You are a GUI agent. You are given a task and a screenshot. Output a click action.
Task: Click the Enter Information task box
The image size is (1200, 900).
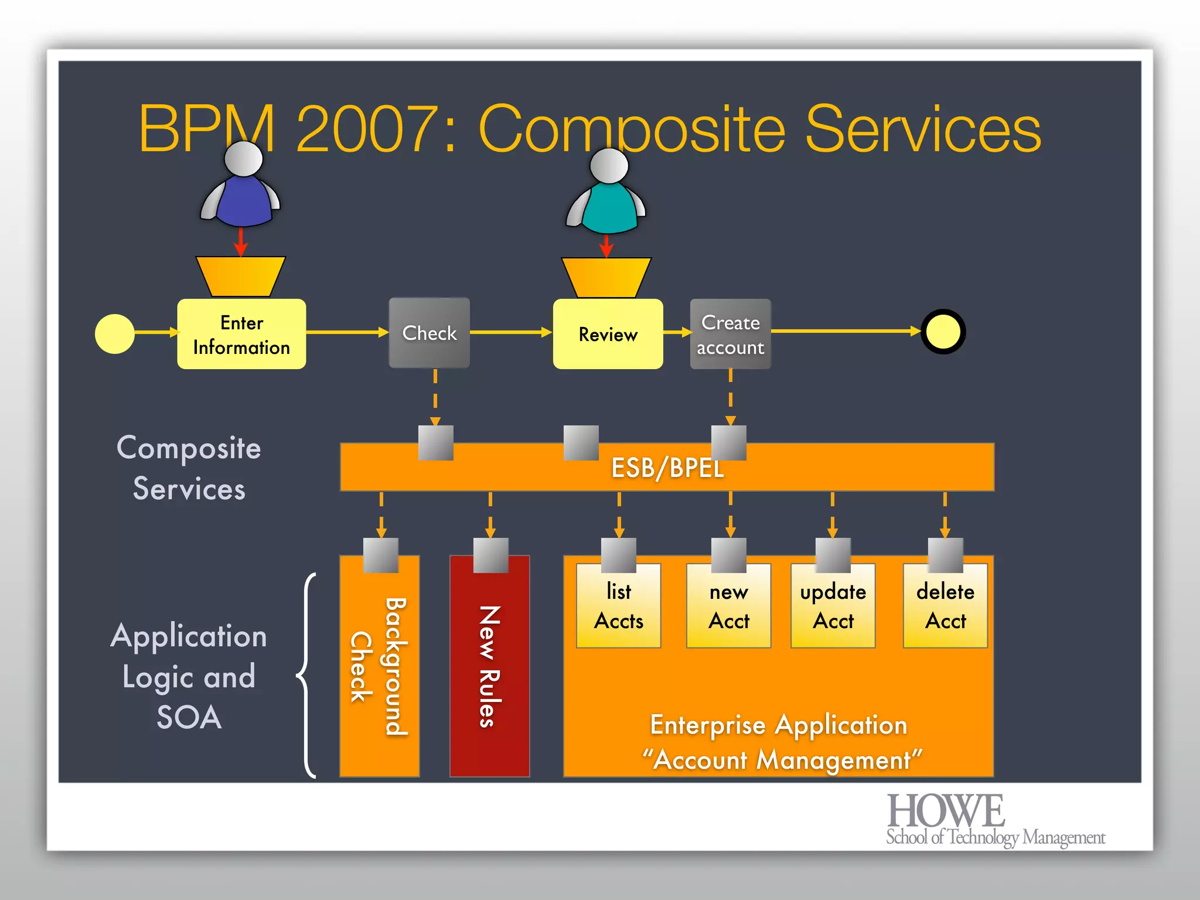coord(241,334)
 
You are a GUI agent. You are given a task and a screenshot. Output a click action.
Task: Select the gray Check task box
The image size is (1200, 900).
coord(429,333)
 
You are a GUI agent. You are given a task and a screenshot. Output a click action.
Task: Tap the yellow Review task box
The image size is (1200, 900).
coord(608,334)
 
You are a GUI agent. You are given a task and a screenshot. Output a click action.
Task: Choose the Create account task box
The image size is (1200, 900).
coord(730,334)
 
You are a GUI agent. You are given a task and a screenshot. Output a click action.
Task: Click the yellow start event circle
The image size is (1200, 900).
coord(115,334)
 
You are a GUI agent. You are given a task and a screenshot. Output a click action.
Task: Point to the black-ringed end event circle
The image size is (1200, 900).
coord(943,332)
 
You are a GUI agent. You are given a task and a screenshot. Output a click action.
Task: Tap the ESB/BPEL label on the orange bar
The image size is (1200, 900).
coord(667,468)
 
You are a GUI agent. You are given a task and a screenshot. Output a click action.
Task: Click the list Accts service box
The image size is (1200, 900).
coord(619,606)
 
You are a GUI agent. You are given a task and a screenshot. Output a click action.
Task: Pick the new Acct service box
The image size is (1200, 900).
coord(729,606)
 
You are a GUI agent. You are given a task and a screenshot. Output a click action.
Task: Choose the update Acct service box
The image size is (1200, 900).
coord(833,606)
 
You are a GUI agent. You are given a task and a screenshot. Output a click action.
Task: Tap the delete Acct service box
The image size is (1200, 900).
coord(945,606)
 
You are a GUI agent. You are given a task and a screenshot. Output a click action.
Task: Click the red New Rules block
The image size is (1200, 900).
coord(490,668)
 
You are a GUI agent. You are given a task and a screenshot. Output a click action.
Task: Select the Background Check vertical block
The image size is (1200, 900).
coord(380,668)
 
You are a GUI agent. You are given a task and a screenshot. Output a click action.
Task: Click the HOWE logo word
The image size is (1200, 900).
coord(946,811)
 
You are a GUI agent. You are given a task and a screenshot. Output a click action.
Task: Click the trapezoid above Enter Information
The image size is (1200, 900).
coord(241,276)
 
